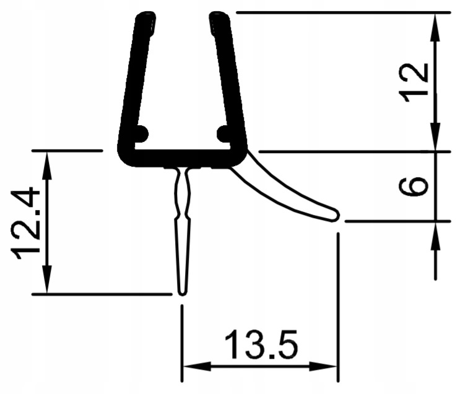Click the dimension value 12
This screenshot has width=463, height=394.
coord(414,81)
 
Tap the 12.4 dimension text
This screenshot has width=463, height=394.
coord(28,223)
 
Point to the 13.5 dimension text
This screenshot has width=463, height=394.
coord(260,346)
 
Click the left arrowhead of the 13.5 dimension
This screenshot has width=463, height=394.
coord(188,367)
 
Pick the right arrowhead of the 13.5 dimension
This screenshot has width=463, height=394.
coord(331,367)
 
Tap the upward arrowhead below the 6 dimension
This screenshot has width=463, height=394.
coord(437,229)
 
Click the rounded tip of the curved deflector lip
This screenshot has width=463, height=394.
coord(334,215)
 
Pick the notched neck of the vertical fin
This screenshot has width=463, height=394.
coord(181,211)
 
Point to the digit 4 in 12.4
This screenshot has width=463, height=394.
coord(28,199)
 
